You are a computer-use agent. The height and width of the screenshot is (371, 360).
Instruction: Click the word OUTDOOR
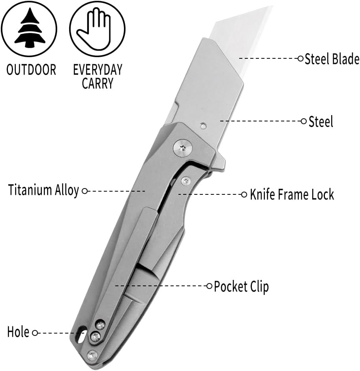click(31, 70)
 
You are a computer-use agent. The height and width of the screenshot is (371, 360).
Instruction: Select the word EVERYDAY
click(97, 70)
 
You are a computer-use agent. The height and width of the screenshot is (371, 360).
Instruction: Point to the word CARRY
click(97, 84)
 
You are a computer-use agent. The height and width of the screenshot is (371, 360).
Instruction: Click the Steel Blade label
click(332, 59)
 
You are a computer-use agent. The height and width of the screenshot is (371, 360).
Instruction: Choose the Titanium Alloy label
click(43, 190)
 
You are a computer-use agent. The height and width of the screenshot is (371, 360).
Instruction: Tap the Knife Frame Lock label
click(292, 194)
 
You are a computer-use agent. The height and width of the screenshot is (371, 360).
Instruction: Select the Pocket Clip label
click(241, 286)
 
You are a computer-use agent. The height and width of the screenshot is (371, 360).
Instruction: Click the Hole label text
click(18, 332)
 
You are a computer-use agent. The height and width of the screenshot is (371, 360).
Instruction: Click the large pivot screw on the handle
click(182, 148)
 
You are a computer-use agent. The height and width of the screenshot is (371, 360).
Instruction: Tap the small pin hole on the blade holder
click(203, 126)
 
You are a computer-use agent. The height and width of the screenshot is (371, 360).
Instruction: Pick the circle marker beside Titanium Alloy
click(84, 191)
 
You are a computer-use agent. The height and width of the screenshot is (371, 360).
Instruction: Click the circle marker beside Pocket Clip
click(210, 286)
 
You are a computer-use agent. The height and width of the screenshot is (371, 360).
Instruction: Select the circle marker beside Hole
click(35, 333)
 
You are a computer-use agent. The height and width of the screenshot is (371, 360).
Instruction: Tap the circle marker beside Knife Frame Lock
click(244, 194)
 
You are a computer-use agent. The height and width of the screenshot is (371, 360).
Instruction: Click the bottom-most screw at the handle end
click(92, 355)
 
